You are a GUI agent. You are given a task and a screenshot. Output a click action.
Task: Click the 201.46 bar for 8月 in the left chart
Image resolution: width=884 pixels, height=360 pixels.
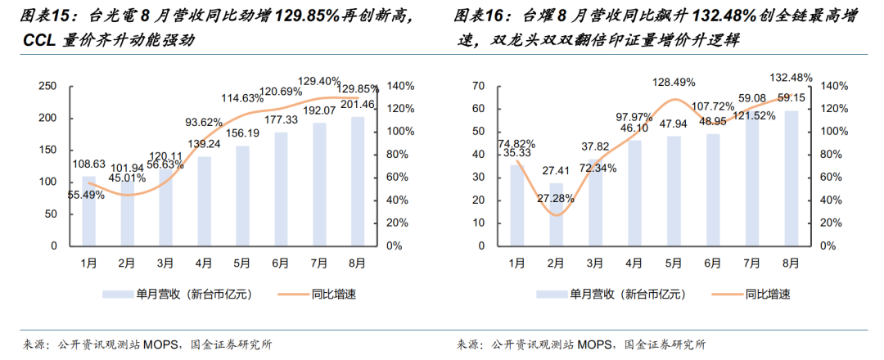click(358, 182)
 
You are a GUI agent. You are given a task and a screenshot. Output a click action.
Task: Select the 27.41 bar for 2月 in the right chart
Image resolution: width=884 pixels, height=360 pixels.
click(556, 214)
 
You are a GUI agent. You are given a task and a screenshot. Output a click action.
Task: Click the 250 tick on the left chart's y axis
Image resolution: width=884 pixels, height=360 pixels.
click(49, 86)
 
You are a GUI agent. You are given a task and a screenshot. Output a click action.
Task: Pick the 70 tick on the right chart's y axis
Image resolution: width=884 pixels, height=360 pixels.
click(479, 86)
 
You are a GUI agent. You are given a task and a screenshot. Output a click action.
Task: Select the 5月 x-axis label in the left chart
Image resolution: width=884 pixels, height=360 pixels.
click(243, 263)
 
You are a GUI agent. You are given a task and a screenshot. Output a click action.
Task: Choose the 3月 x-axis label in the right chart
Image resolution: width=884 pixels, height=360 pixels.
click(595, 263)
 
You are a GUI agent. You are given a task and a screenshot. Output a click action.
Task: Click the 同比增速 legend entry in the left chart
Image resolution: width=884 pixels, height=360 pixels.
click(318, 294)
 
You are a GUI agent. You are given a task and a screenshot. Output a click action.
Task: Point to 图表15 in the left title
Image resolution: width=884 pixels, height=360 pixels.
click(41, 17)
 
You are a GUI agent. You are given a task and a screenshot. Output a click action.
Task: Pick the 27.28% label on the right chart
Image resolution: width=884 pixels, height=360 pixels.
click(555, 198)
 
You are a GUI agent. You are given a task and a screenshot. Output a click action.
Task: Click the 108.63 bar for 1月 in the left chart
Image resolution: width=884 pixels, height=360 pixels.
click(89, 211)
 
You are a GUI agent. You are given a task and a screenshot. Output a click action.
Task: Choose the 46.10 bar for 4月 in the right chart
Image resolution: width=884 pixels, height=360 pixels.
click(635, 193)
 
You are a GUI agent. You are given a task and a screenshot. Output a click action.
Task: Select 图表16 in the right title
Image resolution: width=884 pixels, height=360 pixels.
click(476, 17)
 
